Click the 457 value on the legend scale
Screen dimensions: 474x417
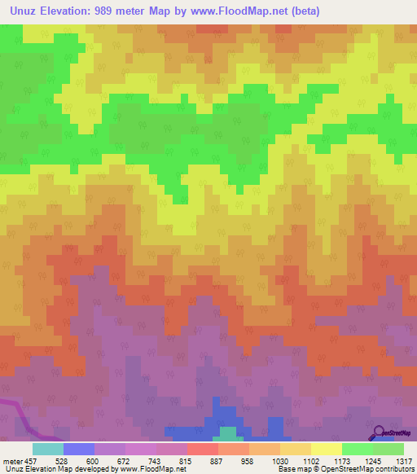click(x=30, y=461)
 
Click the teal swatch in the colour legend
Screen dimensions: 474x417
click(x=47, y=449)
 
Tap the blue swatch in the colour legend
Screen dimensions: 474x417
click(x=78, y=449)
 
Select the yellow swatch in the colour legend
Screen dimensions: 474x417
click(x=326, y=449)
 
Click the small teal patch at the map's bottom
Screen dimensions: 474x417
click(x=230, y=432)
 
